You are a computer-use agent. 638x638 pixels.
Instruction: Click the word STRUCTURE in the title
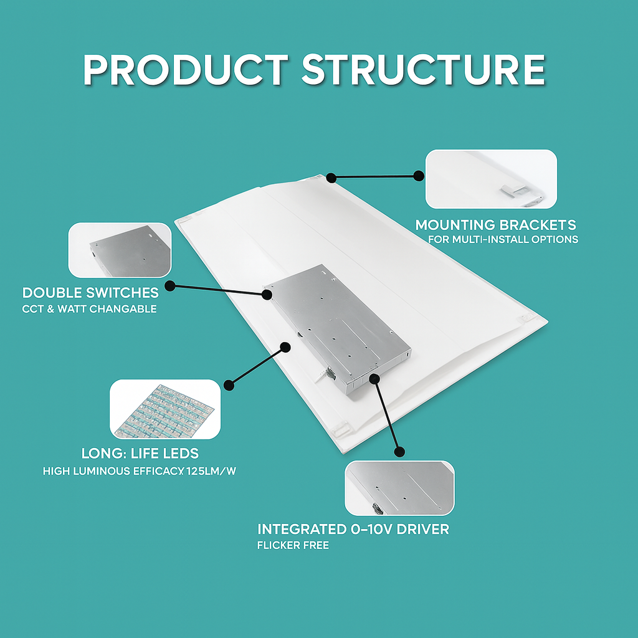[x=424, y=70]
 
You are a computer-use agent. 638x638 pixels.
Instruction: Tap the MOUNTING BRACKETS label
[x=495, y=225]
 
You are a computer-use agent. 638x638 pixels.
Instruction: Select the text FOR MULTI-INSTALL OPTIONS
[x=503, y=239]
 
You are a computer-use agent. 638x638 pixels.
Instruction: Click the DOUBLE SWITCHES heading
[x=90, y=293]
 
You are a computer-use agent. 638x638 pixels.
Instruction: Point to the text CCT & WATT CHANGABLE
[x=90, y=309]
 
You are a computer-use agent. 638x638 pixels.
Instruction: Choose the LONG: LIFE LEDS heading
[x=140, y=454]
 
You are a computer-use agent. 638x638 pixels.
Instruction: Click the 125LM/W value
[x=211, y=471]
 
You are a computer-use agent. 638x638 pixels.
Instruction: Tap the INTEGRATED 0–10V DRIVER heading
[x=353, y=529]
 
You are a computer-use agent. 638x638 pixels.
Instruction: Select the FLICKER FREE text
[x=293, y=545]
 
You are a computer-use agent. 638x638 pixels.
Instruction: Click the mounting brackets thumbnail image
[x=491, y=179]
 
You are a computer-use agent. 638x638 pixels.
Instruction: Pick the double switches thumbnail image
[x=120, y=250]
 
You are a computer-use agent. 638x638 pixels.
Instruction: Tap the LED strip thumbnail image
[x=165, y=409]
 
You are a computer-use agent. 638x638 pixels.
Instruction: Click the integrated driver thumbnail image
[x=399, y=488]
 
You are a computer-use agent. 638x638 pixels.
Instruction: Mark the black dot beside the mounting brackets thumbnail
[x=419, y=176]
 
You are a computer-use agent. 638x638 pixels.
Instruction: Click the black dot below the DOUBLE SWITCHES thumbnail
[x=169, y=285]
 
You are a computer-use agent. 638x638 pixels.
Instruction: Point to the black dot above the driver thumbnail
[x=399, y=452]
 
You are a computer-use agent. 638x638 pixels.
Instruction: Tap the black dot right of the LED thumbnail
[x=229, y=385]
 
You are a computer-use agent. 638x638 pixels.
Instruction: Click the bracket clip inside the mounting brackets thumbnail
[x=513, y=189]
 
